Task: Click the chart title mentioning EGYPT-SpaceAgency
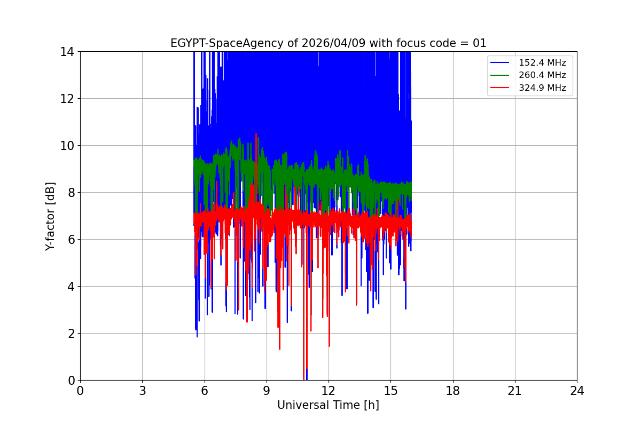(x=328, y=43)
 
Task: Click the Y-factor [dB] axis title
(x=50, y=216)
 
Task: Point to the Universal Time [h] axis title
(x=328, y=405)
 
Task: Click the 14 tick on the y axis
(x=67, y=52)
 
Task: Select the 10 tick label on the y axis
(x=67, y=146)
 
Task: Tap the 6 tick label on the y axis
(x=70, y=240)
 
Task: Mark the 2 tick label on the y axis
(x=70, y=334)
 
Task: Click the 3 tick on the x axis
(x=142, y=391)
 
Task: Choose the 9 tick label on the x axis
(x=267, y=391)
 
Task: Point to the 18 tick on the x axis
(x=453, y=391)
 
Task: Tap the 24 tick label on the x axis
(x=577, y=391)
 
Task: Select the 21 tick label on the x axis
(x=515, y=391)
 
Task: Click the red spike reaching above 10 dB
(x=256, y=137)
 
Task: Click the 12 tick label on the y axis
(x=67, y=99)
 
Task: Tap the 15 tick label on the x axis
(x=390, y=391)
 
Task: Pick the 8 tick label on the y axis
(x=70, y=193)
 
